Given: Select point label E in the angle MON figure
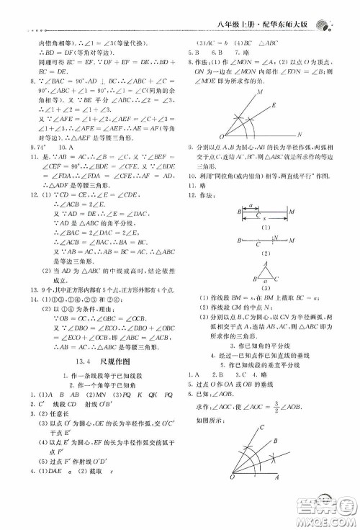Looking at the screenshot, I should tap(274, 105).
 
